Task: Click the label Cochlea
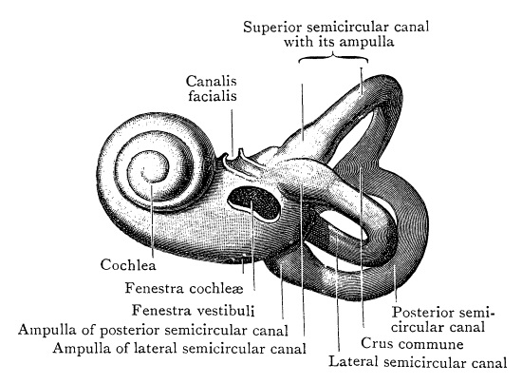pos(128,264)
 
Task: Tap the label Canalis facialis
pos(212,88)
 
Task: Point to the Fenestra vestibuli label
pos(193,310)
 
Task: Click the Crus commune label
pos(412,343)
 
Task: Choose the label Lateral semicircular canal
pos(418,362)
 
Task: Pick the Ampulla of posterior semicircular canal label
pos(153,330)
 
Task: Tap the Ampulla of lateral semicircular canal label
pos(179,349)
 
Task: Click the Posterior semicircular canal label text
pos(443,319)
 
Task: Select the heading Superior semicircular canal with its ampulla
pos(336,34)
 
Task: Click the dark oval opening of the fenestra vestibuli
pos(254,203)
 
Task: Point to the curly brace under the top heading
pos(333,58)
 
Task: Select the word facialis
pos(213,96)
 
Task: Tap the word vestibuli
pos(227,310)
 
